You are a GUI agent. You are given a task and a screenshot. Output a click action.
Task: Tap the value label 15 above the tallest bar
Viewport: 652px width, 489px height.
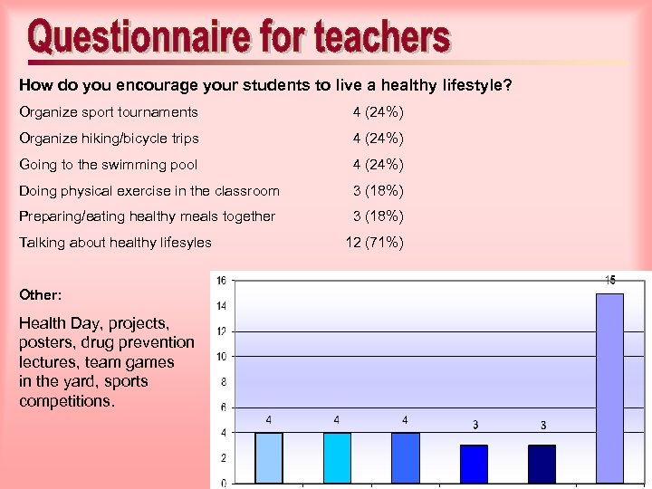tap(610, 281)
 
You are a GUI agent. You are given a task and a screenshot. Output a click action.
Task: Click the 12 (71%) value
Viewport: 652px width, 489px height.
tap(375, 242)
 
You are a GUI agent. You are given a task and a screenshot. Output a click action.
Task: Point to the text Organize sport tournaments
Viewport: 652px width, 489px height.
tap(109, 112)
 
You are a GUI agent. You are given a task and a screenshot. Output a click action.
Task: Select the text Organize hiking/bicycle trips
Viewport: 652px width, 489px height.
tap(110, 139)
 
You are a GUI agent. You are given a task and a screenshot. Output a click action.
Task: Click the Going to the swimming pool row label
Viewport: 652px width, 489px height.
tap(108, 164)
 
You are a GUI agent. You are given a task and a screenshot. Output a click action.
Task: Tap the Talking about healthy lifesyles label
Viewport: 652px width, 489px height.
tap(115, 242)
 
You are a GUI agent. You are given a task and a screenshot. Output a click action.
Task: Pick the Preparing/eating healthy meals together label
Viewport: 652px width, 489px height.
tap(147, 216)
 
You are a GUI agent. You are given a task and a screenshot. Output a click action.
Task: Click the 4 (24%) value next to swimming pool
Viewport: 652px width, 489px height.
tap(378, 164)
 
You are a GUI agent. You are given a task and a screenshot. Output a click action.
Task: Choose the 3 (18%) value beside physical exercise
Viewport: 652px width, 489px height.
tap(378, 190)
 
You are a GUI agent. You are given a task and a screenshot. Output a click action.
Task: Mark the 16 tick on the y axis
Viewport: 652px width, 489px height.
tap(222, 281)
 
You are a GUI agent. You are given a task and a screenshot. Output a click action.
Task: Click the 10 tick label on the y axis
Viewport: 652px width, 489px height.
tap(222, 357)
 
